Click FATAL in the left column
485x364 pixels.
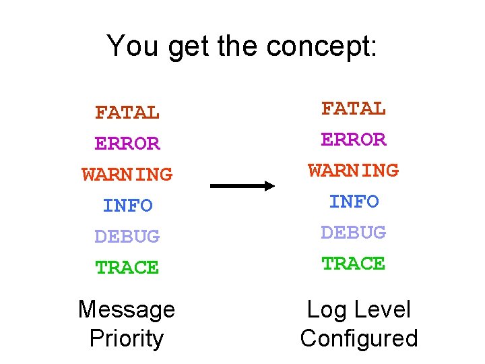127,113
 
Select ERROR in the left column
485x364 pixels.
127,144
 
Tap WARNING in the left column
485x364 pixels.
127,175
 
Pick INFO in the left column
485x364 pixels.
127,205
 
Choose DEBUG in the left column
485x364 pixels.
127,236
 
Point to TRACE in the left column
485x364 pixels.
127,267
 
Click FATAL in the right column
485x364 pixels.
354,108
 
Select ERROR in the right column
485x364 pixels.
354,139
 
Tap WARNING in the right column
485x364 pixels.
354,170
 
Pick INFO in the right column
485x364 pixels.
354,201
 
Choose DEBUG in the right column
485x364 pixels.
354,232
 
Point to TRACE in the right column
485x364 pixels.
354,263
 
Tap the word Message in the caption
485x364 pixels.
127,309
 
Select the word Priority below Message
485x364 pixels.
127,338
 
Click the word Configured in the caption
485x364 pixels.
359,338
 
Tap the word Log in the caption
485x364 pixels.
327,311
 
